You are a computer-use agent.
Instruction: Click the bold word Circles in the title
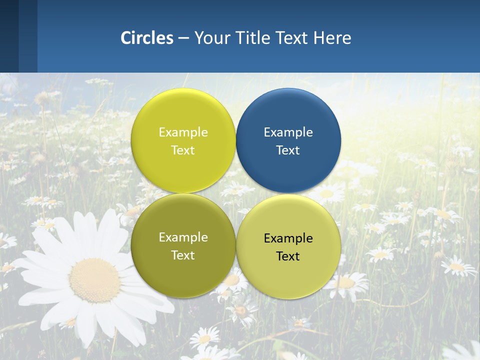[147, 38]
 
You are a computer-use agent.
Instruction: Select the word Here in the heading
[332, 38]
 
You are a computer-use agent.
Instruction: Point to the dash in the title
[183, 38]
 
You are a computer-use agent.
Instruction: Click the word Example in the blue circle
[288, 132]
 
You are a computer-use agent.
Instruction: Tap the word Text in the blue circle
[288, 150]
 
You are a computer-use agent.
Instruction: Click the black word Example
[288, 238]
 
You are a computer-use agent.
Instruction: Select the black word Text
[288, 256]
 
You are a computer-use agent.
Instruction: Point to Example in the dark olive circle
[183, 237]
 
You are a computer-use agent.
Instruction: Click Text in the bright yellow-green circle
[183, 150]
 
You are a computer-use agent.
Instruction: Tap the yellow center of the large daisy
[94, 280]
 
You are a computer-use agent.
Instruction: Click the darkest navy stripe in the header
[9, 36]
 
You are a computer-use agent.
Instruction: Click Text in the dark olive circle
[183, 255]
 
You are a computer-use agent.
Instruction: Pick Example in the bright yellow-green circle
[183, 132]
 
